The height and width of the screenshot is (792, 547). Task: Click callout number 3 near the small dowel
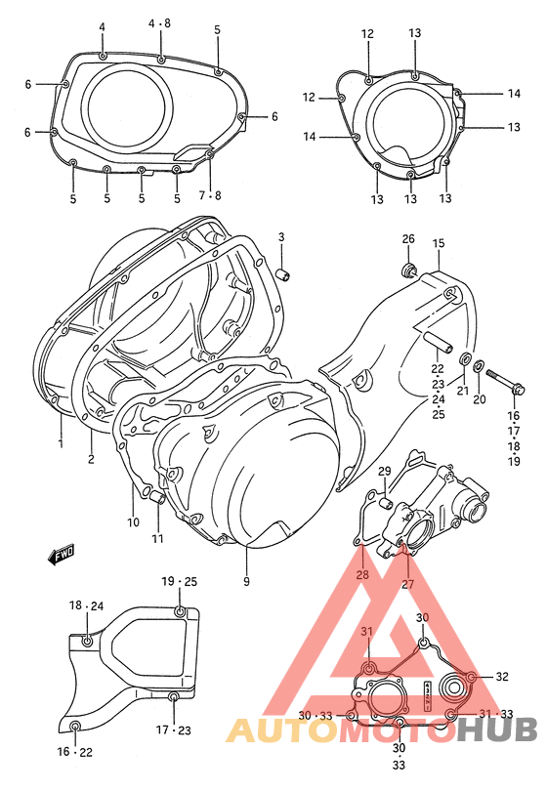(x=280, y=237)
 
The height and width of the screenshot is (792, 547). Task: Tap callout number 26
(x=408, y=240)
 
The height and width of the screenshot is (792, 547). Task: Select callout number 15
(x=439, y=242)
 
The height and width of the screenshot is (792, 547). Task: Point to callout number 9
(x=246, y=582)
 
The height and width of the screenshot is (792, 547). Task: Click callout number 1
(x=60, y=443)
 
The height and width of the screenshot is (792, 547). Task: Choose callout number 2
(x=92, y=459)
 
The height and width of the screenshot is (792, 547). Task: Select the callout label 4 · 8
(x=159, y=21)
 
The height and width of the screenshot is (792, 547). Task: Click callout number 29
(x=384, y=472)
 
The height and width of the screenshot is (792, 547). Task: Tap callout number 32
(x=502, y=676)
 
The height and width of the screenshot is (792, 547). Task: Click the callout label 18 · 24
(x=86, y=606)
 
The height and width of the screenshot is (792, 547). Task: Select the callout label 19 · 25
(x=180, y=582)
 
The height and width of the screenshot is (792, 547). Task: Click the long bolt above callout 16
(x=500, y=376)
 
